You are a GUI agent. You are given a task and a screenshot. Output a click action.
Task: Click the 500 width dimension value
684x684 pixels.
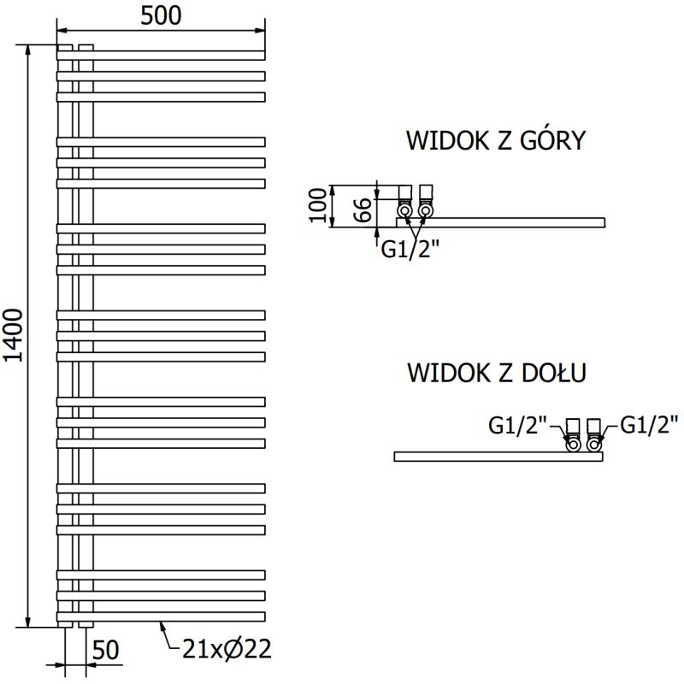[161, 16]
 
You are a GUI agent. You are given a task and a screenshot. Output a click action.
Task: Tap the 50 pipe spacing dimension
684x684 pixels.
[106, 650]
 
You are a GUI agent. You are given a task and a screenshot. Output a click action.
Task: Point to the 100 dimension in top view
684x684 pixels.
[318, 205]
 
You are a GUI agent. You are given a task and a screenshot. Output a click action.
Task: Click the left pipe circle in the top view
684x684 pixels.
[404, 209]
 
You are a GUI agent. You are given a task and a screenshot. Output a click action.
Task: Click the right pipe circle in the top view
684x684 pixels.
[425, 209]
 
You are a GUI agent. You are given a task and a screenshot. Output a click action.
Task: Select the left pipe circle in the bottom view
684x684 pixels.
[573, 444]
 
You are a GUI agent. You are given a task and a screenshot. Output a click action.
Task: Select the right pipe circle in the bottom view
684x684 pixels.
[594, 444]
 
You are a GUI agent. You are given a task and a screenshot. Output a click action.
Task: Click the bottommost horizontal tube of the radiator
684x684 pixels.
[162, 616]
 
